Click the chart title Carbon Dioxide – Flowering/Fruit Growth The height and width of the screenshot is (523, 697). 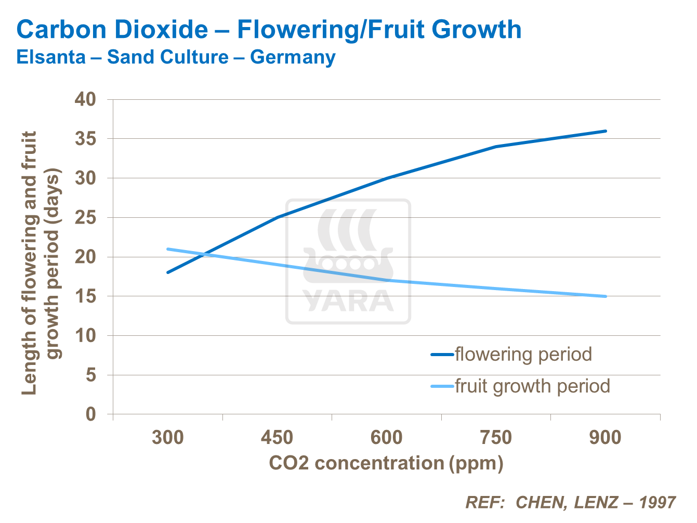269,30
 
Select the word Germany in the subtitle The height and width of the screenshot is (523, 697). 293,57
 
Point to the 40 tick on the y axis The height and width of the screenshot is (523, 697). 86,99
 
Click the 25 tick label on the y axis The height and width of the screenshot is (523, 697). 86,218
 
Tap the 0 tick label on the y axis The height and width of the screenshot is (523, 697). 91,414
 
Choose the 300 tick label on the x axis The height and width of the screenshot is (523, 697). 167,438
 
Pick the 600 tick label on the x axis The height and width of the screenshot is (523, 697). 386,438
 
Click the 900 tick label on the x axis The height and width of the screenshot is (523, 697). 605,438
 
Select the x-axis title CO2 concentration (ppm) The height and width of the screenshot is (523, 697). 386,463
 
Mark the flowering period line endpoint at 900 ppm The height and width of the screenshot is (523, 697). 606,131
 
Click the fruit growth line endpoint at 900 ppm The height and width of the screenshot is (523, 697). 606,296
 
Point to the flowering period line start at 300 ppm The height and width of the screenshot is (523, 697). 167,272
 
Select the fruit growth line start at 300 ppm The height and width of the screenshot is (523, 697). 167,249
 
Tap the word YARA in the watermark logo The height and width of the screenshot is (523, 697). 348,301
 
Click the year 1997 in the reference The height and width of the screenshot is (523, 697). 657,503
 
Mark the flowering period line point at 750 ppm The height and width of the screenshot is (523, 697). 496,147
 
